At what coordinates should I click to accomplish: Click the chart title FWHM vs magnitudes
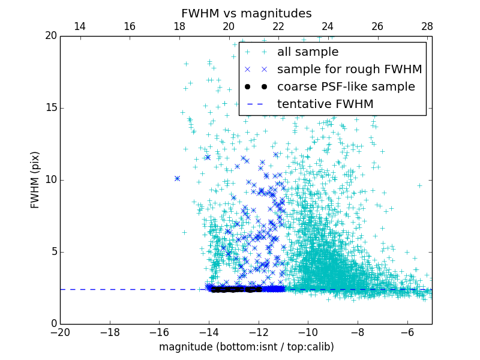coord(246,13)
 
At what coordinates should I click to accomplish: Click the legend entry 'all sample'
coord(307,52)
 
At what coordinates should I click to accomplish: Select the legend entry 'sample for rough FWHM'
coord(349,70)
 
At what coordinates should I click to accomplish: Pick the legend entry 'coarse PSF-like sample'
coord(346,87)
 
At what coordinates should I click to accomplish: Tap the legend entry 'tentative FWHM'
coord(325,104)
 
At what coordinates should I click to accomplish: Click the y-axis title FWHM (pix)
coord(35,180)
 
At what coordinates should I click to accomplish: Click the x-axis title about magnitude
coord(246,347)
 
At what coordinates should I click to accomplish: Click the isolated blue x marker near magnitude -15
coord(177,178)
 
